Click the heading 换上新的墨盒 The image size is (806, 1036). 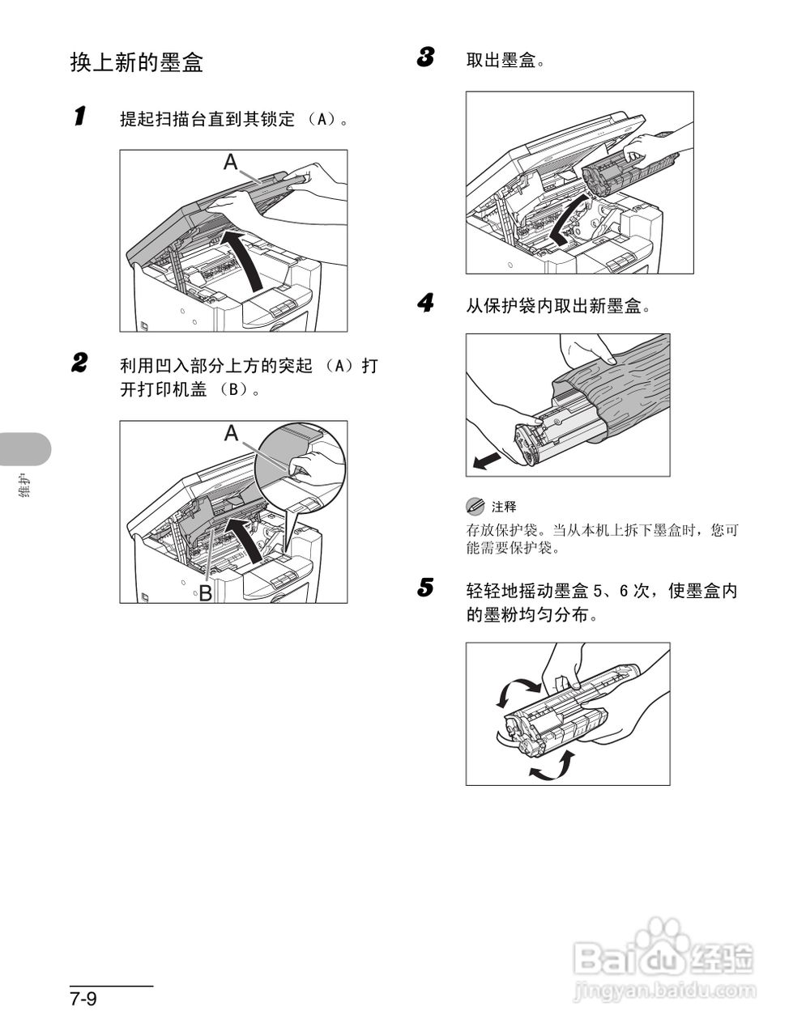pyautogui.click(x=136, y=63)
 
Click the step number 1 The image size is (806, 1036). pyautogui.click(x=79, y=117)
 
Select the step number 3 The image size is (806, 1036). pyautogui.click(x=425, y=57)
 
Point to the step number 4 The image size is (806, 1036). pyautogui.click(x=425, y=304)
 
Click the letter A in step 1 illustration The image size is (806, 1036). pyautogui.click(x=231, y=163)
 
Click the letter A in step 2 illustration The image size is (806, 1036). pyautogui.click(x=232, y=434)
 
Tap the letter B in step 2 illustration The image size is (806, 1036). pyautogui.click(x=206, y=592)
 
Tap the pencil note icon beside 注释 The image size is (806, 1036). pyautogui.click(x=475, y=507)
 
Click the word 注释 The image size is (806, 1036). pyautogui.click(x=503, y=507)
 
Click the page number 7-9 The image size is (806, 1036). pyautogui.click(x=83, y=999)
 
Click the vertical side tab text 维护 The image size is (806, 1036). pyautogui.click(x=24, y=490)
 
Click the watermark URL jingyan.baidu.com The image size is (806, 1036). pyautogui.click(x=663, y=989)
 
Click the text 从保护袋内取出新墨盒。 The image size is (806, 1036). pyautogui.click(x=558, y=307)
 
